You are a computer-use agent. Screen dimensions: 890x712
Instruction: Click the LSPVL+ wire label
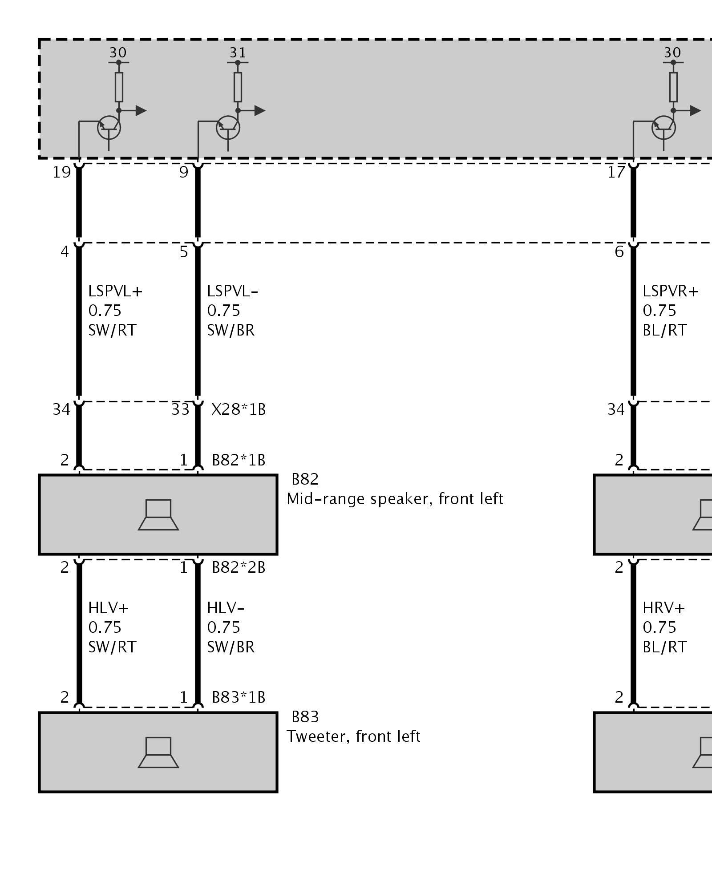point(115,291)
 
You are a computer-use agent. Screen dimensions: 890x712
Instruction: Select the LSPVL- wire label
point(232,291)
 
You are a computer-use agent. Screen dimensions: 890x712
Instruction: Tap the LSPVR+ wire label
point(670,291)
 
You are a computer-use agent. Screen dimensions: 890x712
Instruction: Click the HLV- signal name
point(226,608)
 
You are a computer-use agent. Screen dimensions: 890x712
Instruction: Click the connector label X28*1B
point(239,409)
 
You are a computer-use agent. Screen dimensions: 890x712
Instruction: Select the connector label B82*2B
point(239,568)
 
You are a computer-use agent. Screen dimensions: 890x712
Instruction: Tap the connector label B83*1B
point(239,697)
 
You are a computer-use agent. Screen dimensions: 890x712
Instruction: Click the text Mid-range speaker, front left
point(395,499)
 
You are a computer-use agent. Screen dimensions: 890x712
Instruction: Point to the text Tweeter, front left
point(353,737)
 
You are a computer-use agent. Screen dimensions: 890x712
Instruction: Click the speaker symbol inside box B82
point(158,515)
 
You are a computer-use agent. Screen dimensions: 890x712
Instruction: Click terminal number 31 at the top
point(238,53)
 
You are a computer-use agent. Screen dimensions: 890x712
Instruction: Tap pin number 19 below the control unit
point(62,172)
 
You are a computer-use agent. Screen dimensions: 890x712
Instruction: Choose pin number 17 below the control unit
point(616,172)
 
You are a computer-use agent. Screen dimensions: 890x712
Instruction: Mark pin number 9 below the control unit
point(184,172)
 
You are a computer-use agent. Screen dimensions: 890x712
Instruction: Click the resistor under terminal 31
point(238,87)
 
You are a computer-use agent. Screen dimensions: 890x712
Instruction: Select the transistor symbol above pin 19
point(109,128)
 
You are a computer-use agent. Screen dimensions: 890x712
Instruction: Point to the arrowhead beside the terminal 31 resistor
point(260,110)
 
